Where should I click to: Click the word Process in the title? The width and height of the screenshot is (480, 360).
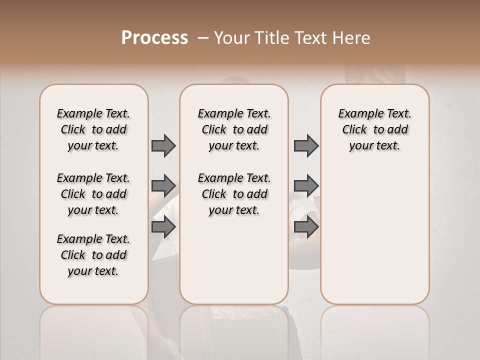[154, 38]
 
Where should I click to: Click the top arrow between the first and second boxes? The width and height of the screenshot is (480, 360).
[163, 146]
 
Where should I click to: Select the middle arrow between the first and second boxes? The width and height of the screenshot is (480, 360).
[163, 185]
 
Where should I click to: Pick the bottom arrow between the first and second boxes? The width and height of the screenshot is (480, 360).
[163, 227]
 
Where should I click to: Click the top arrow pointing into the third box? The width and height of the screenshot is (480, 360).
[306, 146]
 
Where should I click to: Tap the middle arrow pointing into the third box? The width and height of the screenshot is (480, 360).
[306, 185]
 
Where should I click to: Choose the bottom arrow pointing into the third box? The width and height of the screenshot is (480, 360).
[306, 227]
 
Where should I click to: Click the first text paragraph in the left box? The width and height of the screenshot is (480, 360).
[93, 129]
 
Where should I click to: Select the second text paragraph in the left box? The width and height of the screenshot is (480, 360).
[93, 194]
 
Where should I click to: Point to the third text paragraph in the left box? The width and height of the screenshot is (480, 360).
[93, 255]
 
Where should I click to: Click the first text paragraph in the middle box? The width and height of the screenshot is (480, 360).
[234, 129]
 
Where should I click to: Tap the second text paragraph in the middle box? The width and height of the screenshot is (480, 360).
[234, 194]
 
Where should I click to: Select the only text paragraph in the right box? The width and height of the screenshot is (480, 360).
[375, 129]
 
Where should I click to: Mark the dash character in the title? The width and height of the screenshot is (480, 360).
[203, 38]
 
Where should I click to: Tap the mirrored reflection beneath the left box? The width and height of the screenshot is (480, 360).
[93, 330]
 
